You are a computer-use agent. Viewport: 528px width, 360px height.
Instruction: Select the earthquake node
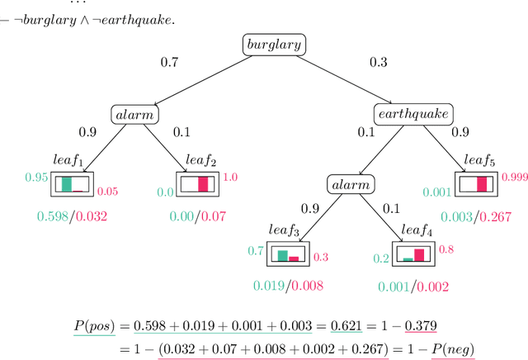412,113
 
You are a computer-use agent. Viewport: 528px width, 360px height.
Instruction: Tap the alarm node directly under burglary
134,114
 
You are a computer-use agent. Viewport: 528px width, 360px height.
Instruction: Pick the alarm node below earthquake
349,183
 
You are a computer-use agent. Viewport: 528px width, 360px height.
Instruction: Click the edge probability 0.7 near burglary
170,61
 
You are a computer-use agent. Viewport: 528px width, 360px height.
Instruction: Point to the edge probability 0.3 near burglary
377,61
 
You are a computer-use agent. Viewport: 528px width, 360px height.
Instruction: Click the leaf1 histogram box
73,183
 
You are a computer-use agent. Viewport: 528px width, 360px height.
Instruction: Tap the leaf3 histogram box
288,253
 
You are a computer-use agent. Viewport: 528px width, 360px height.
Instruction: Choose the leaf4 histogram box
413,253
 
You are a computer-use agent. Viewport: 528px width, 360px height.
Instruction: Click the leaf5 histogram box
477,183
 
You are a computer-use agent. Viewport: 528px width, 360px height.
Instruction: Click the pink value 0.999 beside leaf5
514,177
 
